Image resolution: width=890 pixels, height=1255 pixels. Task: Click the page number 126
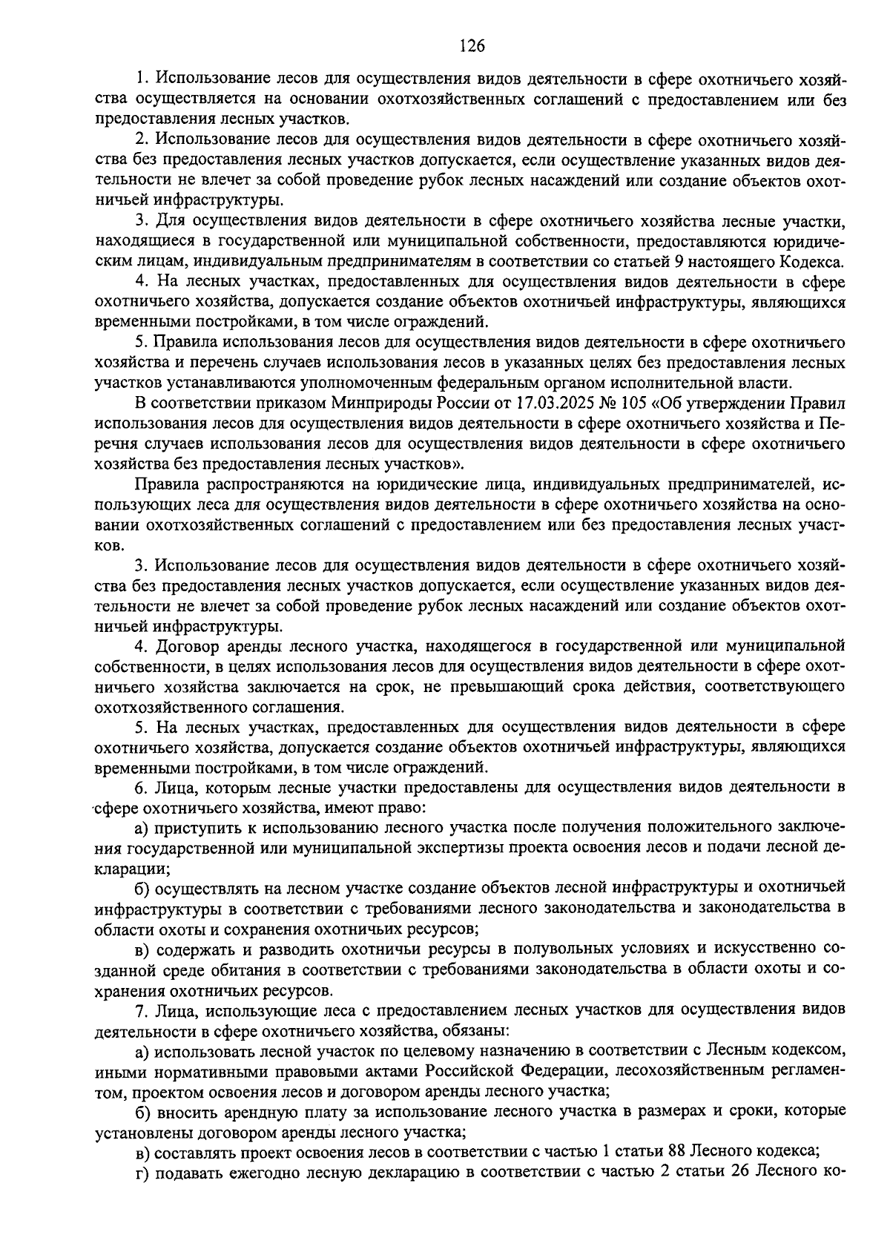click(x=472, y=46)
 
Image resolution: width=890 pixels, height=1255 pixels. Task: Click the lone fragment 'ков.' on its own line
click(x=109, y=547)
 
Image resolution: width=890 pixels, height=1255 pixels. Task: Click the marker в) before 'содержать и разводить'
click(x=142, y=949)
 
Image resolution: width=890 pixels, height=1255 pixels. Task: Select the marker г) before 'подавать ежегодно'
click(x=141, y=1193)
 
